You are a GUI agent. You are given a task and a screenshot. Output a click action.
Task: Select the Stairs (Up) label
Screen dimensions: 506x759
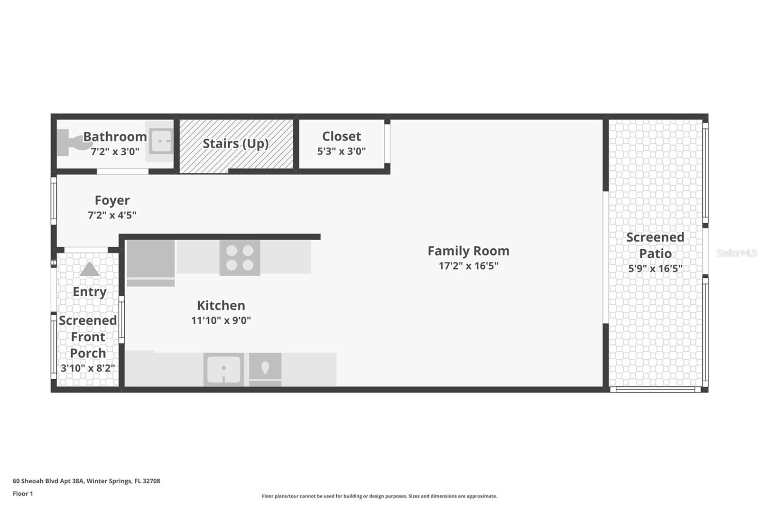(x=236, y=143)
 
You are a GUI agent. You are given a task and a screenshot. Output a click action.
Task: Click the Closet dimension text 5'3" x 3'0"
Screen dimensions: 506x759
(x=342, y=151)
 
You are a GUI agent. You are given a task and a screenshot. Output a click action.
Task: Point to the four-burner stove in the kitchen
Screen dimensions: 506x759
(x=240, y=258)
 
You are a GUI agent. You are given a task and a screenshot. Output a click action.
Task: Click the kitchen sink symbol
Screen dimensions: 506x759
(x=223, y=369)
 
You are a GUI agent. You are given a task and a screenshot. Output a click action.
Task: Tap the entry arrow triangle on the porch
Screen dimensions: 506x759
(x=89, y=270)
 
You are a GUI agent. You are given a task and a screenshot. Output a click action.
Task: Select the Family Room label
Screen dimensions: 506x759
(x=468, y=251)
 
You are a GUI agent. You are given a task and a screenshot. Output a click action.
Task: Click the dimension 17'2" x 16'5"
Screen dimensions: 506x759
(x=468, y=266)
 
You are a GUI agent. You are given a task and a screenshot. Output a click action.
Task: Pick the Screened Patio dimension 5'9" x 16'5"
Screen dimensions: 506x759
(x=655, y=269)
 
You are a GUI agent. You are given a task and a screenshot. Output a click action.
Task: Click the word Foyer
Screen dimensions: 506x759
(x=112, y=200)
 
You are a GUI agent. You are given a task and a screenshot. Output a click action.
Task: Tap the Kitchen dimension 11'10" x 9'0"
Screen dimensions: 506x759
(x=221, y=320)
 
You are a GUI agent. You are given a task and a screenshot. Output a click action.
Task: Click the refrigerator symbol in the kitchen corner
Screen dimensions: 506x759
(x=150, y=262)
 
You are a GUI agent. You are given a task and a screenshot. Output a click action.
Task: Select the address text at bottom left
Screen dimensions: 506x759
(x=86, y=481)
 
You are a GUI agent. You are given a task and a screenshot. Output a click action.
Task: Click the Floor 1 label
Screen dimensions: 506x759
(x=23, y=494)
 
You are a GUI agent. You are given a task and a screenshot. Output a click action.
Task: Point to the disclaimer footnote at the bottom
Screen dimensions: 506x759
(x=379, y=496)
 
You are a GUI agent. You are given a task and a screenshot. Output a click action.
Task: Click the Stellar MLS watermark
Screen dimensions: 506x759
(x=736, y=253)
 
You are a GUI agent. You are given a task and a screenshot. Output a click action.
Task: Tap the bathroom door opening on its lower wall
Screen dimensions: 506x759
(x=122, y=171)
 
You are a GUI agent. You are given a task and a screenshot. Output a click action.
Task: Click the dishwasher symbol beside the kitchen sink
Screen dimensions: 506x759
(x=265, y=369)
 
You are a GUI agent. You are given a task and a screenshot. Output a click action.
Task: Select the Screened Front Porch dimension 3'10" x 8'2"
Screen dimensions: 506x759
(x=88, y=368)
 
